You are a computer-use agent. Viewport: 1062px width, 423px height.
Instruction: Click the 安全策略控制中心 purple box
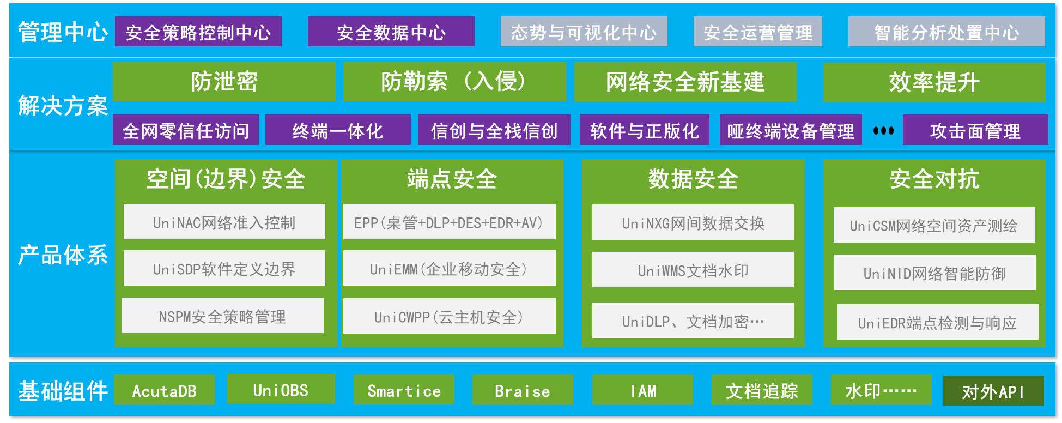(198, 32)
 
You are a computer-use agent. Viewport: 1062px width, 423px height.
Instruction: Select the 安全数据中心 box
(391, 32)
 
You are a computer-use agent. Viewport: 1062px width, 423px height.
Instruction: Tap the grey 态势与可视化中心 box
(584, 32)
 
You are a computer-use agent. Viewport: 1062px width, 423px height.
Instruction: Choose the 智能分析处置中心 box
(946, 32)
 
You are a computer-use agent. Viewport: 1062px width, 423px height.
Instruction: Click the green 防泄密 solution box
(224, 82)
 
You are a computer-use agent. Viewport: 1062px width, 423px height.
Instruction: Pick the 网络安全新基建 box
(685, 82)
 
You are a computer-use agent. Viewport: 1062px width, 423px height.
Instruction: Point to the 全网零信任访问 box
(185, 130)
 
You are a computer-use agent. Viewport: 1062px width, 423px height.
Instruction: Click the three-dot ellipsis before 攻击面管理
(883, 131)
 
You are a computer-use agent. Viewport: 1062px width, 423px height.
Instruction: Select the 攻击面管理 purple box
(975, 130)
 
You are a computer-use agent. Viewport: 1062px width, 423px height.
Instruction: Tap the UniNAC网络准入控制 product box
(224, 222)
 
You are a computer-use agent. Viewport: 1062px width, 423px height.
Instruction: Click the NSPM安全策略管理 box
(222, 316)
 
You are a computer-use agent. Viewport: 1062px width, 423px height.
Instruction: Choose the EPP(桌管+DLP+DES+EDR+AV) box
(449, 222)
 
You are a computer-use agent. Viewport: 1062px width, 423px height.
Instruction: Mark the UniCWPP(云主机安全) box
(449, 316)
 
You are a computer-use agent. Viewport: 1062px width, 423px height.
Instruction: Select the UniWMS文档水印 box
(693, 270)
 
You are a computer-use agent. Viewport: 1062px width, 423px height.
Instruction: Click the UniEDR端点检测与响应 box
(937, 322)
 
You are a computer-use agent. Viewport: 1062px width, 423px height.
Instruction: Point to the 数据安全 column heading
(693, 179)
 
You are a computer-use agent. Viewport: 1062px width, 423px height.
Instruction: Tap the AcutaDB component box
(164, 390)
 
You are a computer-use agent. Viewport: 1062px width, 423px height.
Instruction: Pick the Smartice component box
(404, 390)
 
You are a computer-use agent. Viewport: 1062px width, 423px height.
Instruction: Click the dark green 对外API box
(993, 391)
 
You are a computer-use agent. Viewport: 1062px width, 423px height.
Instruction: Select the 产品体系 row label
(63, 255)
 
